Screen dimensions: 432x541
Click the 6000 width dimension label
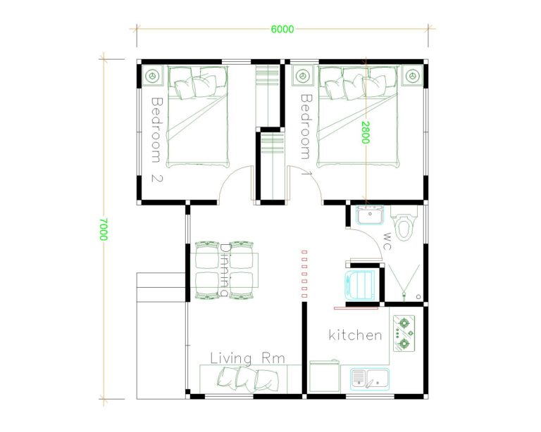[282, 29]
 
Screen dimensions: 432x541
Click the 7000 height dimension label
[104, 229]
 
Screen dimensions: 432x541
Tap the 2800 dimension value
[366, 132]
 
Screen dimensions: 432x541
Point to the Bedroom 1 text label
[306, 134]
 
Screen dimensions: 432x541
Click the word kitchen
[356, 335]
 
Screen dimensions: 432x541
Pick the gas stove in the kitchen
[405, 333]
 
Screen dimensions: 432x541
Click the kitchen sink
[370, 379]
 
